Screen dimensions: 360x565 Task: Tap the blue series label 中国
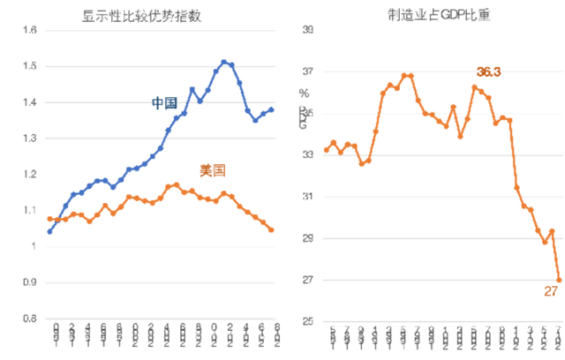(x=165, y=103)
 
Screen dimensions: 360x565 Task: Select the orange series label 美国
(x=212, y=170)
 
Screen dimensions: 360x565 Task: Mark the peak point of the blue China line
(x=224, y=62)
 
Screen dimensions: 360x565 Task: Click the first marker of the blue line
(x=49, y=231)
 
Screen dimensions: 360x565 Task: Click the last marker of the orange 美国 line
(x=271, y=229)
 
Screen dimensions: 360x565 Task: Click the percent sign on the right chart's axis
(x=305, y=94)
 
